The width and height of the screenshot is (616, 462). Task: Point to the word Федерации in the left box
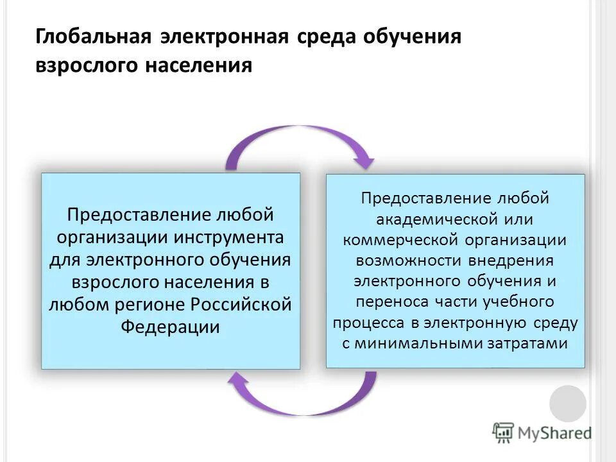(x=170, y=327)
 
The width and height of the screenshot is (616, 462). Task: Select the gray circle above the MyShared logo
(x=568, y=404)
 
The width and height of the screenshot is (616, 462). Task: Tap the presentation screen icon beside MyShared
(x=503, y=432)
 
